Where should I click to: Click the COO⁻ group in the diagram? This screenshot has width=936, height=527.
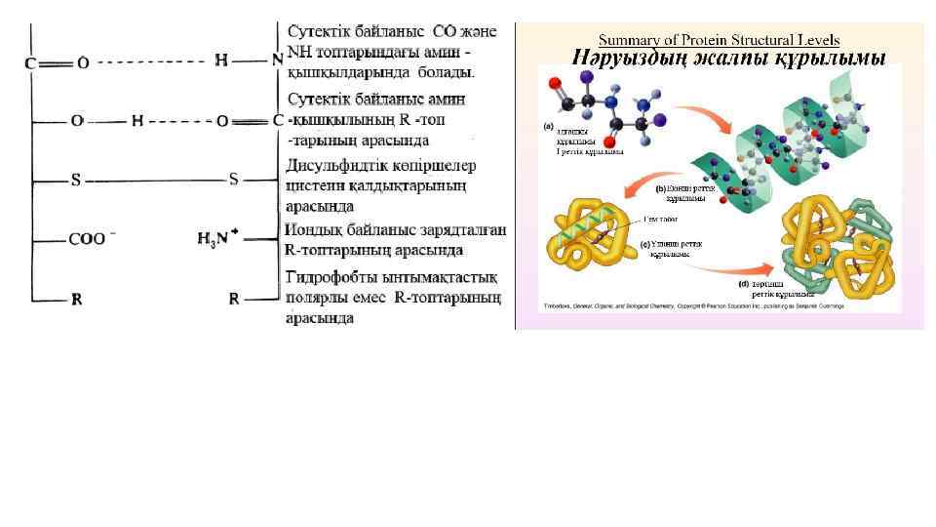click(92, 239)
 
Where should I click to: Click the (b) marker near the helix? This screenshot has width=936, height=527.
click(660, 189)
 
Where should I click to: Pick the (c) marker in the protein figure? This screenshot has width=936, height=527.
click(643, 244)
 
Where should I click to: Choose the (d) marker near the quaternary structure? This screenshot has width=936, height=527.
click(744, 285)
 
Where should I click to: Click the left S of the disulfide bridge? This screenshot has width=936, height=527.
click(76, 181)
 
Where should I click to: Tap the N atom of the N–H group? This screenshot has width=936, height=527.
click(278, 61)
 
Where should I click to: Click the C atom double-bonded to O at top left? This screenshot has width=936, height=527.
click(30, 63)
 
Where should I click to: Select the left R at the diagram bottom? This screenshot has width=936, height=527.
click(76, 300)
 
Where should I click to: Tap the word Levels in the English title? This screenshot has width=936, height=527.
click(817, 40)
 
